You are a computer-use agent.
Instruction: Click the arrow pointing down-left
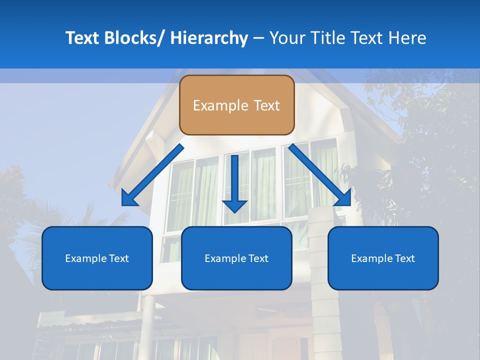pos(152,175)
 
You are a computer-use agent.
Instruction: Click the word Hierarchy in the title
pos(209,38)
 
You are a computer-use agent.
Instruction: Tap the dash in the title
pos(258,38)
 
